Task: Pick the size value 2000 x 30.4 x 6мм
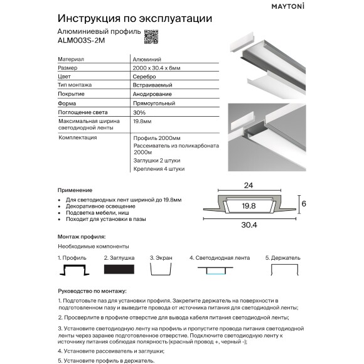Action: point(157,66)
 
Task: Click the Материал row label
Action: point(70,58)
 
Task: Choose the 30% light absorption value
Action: point(139,111)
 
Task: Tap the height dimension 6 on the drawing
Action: point(302,203)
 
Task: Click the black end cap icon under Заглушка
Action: point(119,268)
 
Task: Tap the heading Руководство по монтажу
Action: point(92,291)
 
